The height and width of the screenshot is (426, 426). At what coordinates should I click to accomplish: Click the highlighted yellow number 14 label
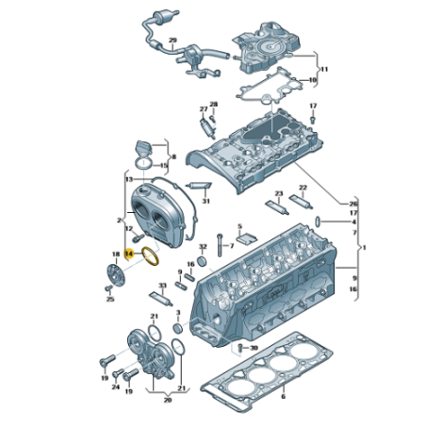(129, 254)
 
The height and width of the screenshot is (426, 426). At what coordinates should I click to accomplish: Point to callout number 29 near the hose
(172, 41)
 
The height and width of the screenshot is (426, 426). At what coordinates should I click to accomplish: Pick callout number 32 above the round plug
(202, 246)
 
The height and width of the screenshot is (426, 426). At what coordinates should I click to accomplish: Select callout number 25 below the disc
(110, 301)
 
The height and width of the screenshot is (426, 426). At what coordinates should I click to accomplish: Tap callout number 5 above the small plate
(239, 227)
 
